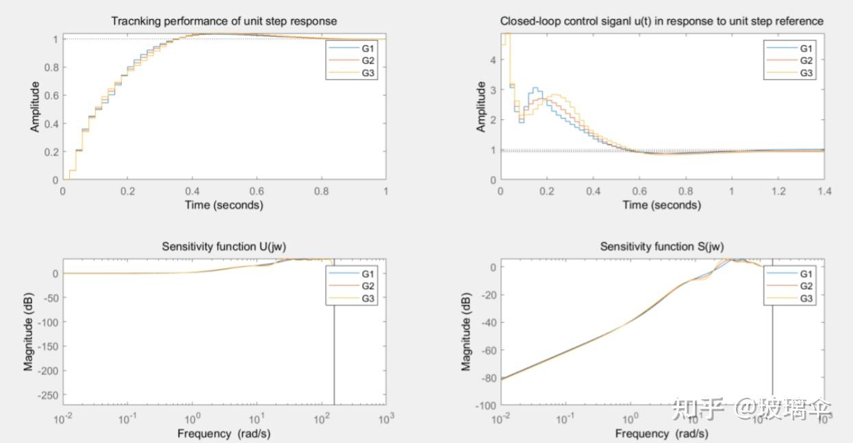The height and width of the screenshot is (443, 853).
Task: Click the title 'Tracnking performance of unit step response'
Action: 224,22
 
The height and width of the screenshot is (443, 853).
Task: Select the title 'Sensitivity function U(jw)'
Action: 224,246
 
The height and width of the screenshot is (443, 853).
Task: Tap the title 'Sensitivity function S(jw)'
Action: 662,246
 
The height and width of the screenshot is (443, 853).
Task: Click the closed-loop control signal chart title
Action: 662,22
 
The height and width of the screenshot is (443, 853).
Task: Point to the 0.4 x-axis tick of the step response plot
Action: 192,192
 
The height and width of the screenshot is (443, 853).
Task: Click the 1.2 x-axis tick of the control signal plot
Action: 778,192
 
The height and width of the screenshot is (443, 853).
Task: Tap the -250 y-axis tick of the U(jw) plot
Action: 46,395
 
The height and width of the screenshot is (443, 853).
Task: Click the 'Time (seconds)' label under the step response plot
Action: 224,205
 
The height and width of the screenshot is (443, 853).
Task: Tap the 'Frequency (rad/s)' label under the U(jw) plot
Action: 224,433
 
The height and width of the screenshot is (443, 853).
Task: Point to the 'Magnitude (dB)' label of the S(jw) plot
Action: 466,331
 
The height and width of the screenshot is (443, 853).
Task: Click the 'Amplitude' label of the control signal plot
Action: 481,107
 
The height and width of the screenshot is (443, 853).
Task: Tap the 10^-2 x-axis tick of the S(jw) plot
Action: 501,418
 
